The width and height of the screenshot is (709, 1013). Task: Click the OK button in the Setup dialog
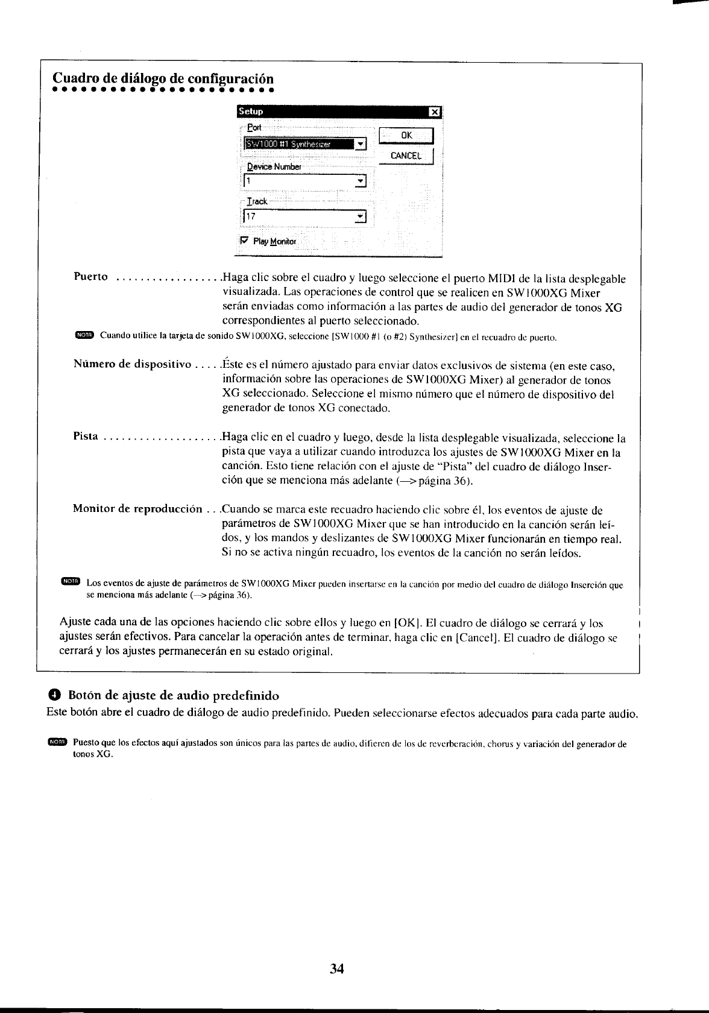pos(407,136)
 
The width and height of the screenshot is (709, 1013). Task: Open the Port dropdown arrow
pos(361,144)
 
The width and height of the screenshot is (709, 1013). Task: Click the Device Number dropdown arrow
pos(361,180)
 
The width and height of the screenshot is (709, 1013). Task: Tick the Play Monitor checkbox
pos(244,240)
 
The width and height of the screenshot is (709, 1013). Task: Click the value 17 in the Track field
pos(250,216)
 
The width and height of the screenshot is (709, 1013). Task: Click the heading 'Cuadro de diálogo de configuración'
pos(163,79)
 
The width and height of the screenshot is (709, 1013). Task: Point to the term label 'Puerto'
pos(90,277)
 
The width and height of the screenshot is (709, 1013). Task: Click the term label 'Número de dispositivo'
pos(132,365)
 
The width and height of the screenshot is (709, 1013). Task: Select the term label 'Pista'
pos(85,437)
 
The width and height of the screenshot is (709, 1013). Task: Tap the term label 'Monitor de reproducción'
pos(137,509)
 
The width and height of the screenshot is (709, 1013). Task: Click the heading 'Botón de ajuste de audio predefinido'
pos(174,696)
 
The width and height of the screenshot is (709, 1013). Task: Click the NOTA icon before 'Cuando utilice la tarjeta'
pos(85,335)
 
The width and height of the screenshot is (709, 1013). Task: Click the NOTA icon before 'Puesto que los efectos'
pos(57,741)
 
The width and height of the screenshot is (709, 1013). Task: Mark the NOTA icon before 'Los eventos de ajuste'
pos(71,581)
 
